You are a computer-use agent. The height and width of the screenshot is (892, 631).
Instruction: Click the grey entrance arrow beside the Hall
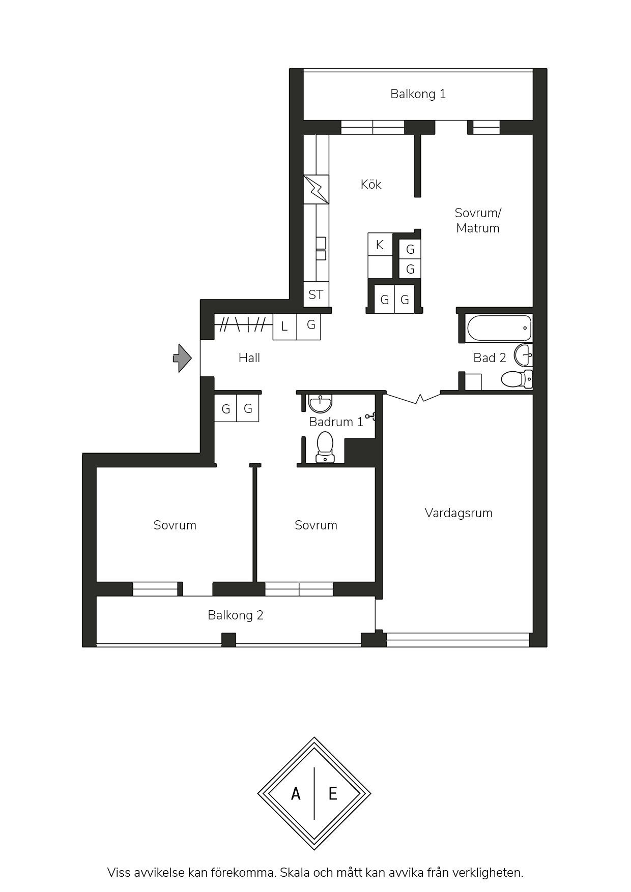[x=182, y=358]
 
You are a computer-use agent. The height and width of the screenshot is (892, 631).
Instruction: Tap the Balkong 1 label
[x=418, y=94]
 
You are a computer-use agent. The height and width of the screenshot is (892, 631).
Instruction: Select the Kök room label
[x=371, y=184]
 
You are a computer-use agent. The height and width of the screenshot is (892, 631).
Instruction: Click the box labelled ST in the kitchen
[x=316, y=294]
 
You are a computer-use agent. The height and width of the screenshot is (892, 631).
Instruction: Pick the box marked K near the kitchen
[x=380, y=245]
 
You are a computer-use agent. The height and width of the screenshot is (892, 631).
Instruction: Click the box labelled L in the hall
[x=285, y=326]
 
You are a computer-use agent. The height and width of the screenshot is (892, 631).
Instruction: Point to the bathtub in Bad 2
[x=499, y=329]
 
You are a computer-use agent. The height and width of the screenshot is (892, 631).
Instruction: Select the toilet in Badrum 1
[x=325, y=447]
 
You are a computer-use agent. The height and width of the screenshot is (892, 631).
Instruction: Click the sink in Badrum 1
[x=321, y=404]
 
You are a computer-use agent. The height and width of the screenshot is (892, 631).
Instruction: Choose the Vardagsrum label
[x=458, y=513]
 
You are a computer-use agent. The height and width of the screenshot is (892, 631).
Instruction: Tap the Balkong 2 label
[x=236, y=615]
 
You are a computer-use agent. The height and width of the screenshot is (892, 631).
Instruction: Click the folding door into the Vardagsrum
[x=413, y=398]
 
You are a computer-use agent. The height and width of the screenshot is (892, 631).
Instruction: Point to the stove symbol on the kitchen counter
[x=316, y=190]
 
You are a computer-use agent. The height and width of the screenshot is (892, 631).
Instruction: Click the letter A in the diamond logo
[x=296, y=793]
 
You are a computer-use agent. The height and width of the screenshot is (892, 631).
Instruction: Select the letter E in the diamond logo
[x=333, y=793]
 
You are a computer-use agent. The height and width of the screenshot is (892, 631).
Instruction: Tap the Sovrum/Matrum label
[x=478, y=220]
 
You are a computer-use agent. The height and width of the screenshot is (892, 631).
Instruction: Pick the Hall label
[x=249, y=358]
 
